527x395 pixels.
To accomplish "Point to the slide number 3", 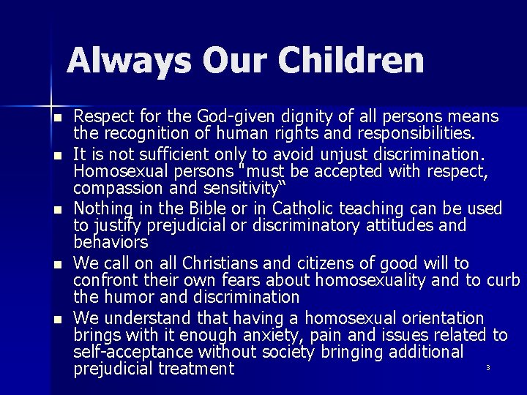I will tap(487, 367).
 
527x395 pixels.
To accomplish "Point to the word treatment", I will tap(190, 369).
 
